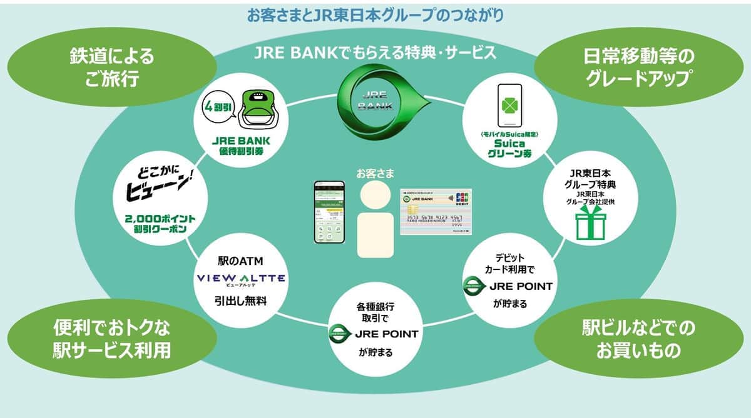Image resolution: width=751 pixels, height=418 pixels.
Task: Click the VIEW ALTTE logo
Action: (x=241, y=278)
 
